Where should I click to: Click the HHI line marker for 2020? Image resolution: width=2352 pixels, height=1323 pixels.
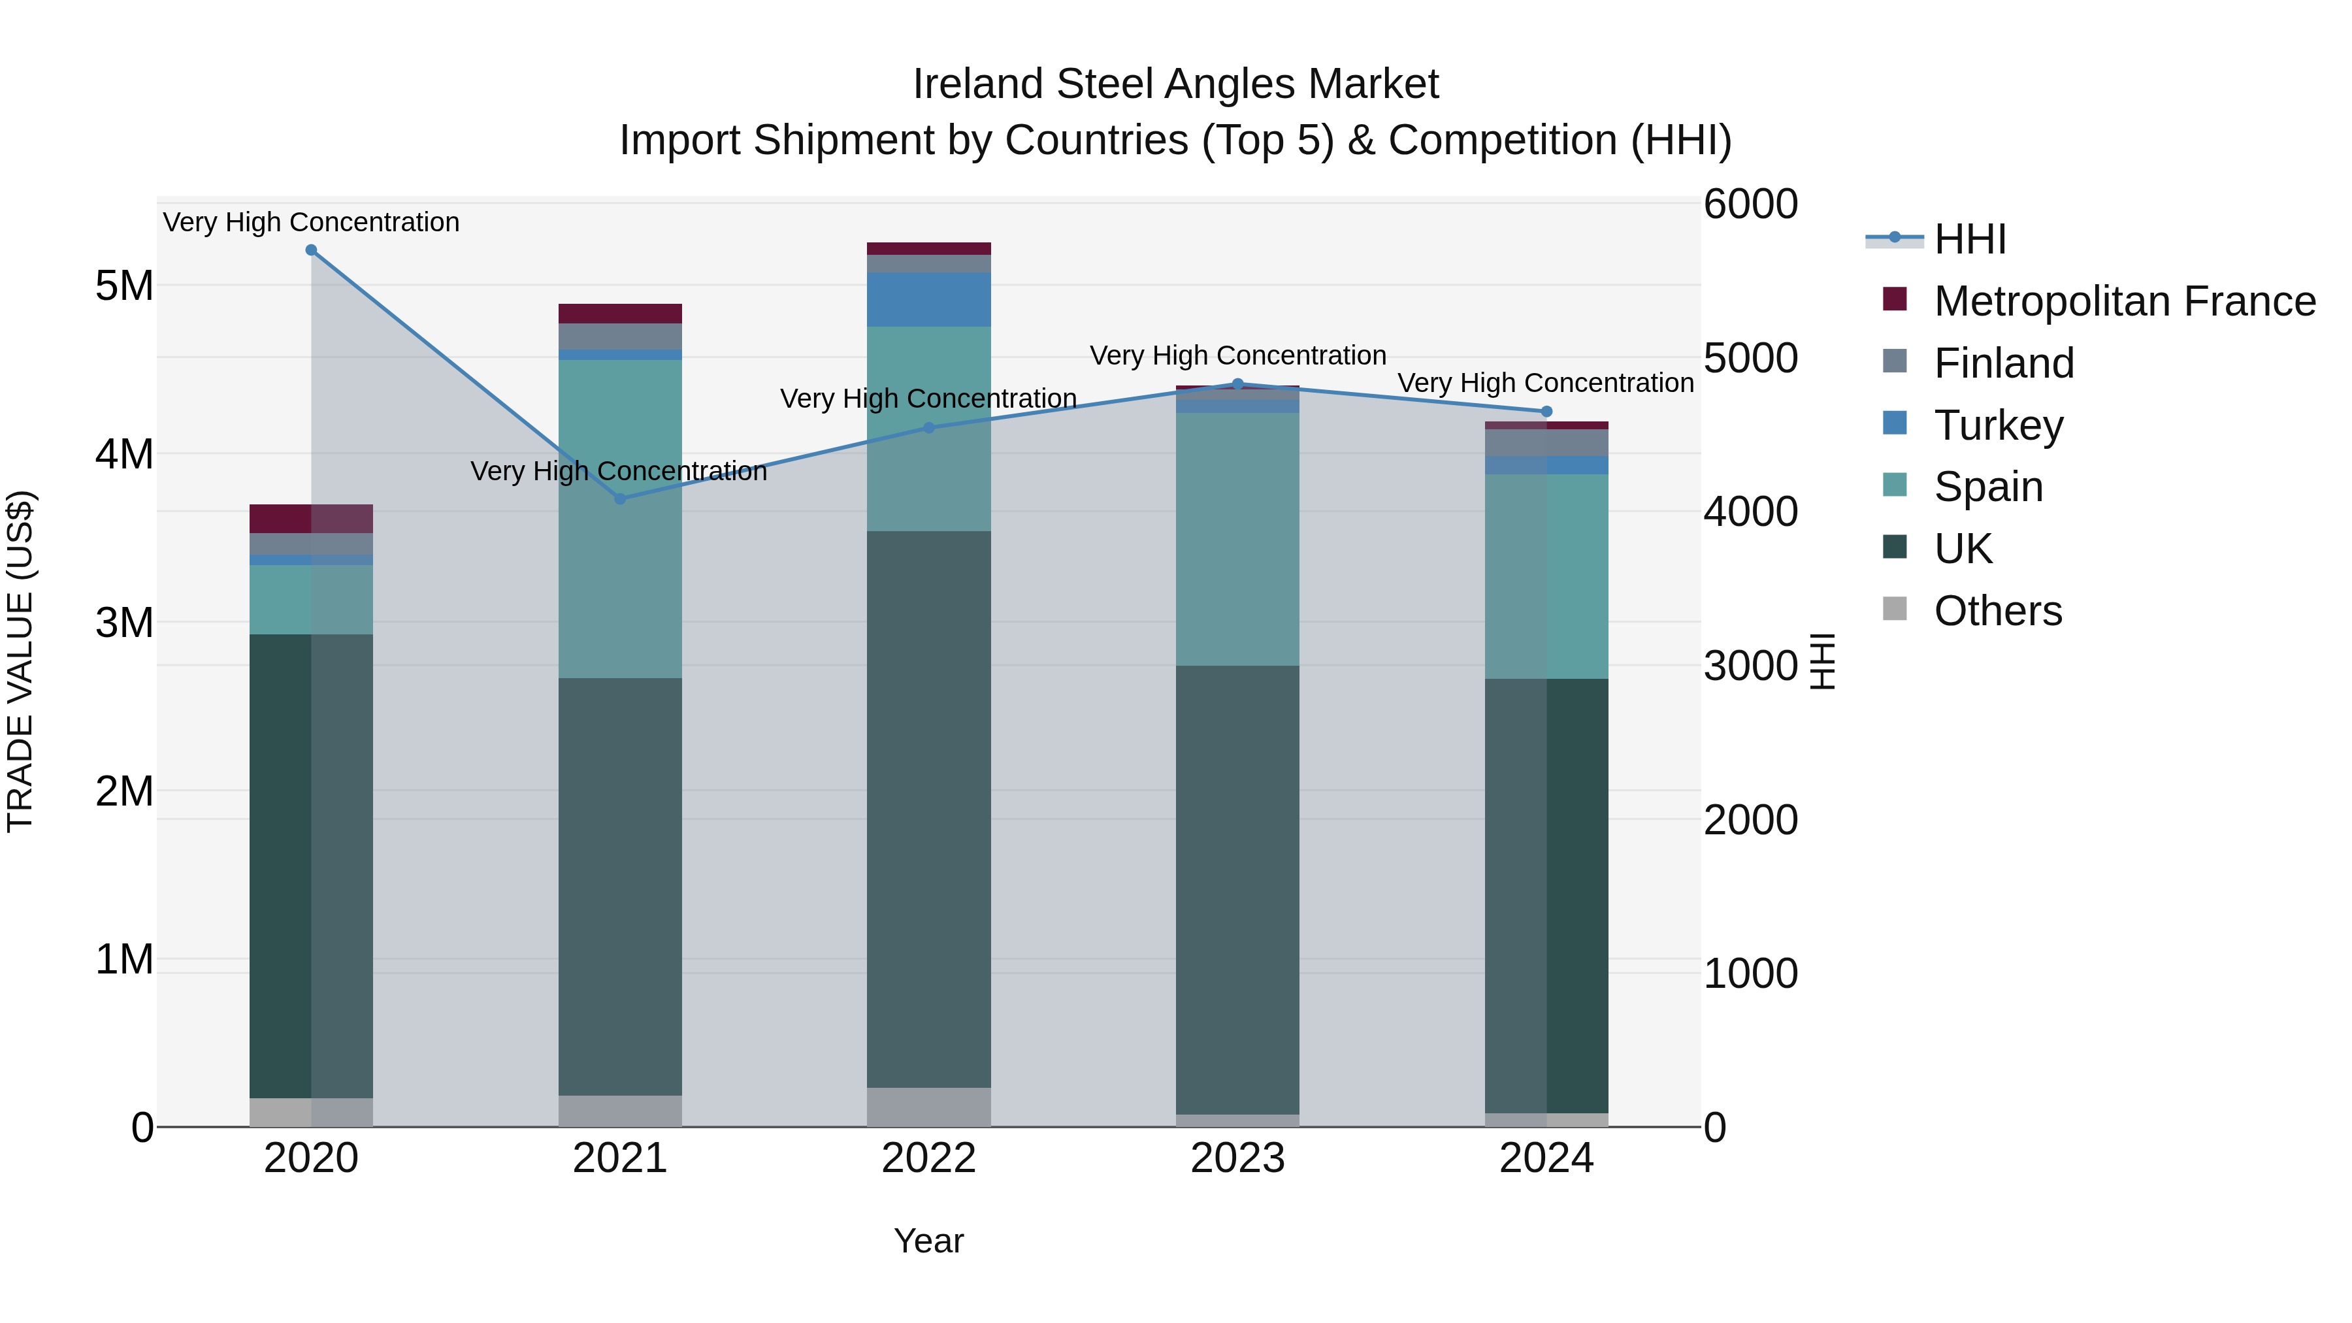click(x=312, y=250)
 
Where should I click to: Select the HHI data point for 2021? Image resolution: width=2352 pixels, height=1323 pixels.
click(x=620, y=498)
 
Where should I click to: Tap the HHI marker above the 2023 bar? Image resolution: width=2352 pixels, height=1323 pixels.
click(x=1238, y=384)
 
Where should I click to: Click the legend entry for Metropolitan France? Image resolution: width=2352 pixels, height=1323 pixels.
click(x=2125, y=301)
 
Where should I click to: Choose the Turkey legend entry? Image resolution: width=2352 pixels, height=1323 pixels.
click(x=1998, y=425)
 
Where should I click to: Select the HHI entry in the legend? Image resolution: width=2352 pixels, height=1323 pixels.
click(x=1969, y=239)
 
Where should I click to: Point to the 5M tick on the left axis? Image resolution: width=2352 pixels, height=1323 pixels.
click(x=124, y=286)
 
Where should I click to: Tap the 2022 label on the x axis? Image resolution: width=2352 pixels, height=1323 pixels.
click(x=928, y=1158)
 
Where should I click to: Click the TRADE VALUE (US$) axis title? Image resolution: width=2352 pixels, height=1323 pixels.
click(x=20, y=661)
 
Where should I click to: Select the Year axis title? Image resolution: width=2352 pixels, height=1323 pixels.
click(x=928, y=1241)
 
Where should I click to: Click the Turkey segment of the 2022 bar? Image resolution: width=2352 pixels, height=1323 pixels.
click(x=928, y=299)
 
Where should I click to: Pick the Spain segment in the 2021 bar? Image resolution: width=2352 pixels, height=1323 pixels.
click(x=620, y=519)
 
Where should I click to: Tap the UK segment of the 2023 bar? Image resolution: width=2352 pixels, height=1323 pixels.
click(x=1238, y=890)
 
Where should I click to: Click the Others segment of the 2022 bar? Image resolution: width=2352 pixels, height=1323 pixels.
click(x=928, y=1107)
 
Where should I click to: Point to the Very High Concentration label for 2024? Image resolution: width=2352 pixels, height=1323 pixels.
click(x=1546, y=384)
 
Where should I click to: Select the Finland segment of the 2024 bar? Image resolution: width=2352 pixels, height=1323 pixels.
click(x=1546, y=443)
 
